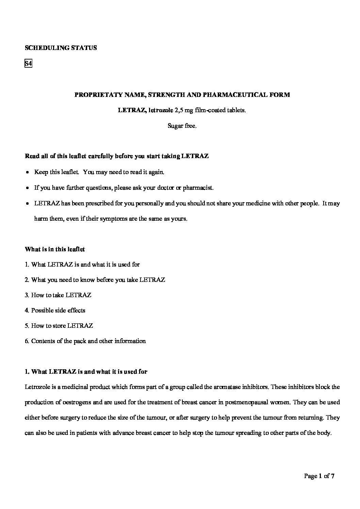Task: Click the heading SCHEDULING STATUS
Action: coord(61,48)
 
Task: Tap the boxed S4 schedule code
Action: coord(28,64)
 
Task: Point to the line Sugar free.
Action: coord(182,126)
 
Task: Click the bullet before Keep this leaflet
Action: coord(28,172)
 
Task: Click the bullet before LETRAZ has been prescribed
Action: coord(28,204)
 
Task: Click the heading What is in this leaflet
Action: coord(55,249)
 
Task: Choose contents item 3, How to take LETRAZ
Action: coord(58,295)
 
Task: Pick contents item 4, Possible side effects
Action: coord(55,310)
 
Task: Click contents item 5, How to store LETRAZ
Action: coord(59,326)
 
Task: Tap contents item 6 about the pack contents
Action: coord(85,341)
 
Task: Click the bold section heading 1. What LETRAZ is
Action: coord(86,372)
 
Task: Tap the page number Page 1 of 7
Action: coord(319,476)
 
